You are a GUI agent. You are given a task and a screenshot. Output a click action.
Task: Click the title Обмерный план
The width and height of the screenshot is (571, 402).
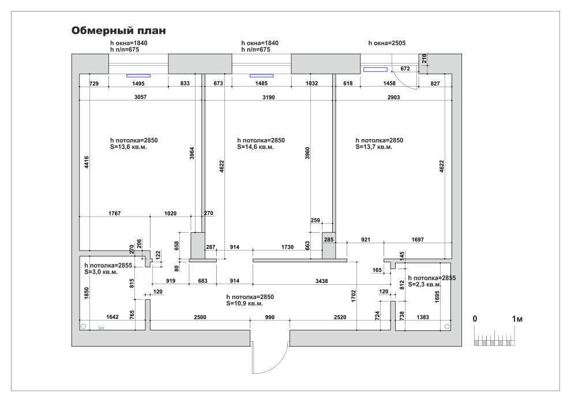point(119,31)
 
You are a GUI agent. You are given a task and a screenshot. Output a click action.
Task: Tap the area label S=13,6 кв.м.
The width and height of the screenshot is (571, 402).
point(128,147)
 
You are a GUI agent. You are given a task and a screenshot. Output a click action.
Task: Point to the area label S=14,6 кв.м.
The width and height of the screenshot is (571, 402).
point(256,147)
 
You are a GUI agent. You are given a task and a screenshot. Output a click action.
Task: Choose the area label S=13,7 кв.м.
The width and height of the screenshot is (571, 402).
point(374,147)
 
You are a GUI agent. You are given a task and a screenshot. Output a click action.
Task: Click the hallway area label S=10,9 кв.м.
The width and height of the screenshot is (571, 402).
point(245,303)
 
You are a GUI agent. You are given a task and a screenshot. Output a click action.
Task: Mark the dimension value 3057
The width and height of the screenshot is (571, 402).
point(140,98)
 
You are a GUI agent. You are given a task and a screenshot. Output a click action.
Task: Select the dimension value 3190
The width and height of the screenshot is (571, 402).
point(268,98)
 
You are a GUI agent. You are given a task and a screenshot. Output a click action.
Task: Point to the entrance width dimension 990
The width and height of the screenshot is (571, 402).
point(270,318)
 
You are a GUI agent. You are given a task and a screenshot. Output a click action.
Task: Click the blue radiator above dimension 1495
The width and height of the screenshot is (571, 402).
point(138,75)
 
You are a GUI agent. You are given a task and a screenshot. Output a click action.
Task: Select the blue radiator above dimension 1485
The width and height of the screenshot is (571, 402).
point(261,75)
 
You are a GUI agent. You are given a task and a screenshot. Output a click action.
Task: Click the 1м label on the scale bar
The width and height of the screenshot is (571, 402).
point(517,319)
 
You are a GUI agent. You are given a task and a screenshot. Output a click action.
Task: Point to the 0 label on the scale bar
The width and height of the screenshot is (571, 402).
point(475,319)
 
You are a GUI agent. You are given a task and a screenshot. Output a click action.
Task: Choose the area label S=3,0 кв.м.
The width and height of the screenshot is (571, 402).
point(101,271)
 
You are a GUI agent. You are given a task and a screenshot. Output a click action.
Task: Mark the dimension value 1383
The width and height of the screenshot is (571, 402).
point(423,318)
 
